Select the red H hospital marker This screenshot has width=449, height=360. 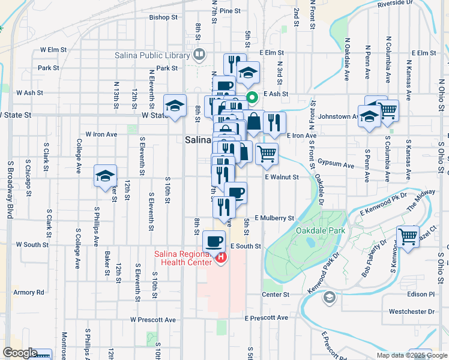pos(221,259)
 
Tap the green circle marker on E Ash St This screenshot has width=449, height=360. pos(253,95)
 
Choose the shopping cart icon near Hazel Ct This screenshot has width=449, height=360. pos(408,236)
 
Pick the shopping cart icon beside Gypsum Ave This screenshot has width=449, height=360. pos(267,153)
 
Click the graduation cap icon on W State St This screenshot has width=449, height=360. pos(175,106)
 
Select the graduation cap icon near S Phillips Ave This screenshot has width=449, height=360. pos(105,176)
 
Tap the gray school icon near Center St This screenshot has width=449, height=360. pos(329,297)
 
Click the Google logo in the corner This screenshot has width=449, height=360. pos(20,353)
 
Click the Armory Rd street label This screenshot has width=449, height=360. pos(29,293)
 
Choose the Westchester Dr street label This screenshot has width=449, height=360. pos(412,312)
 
